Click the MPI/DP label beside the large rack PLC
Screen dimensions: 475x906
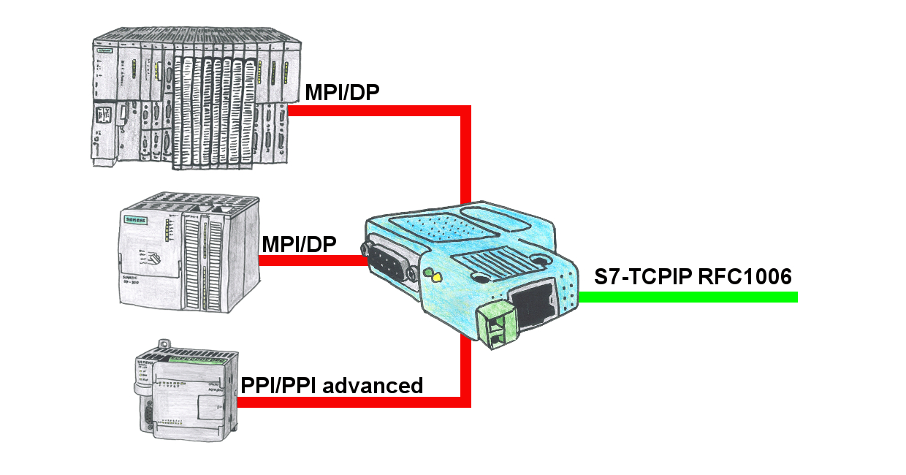point(342,93)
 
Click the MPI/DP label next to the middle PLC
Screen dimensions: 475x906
point(298,243)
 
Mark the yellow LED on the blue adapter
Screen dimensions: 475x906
point(436,278)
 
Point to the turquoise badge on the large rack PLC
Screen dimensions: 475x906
point(105,52)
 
